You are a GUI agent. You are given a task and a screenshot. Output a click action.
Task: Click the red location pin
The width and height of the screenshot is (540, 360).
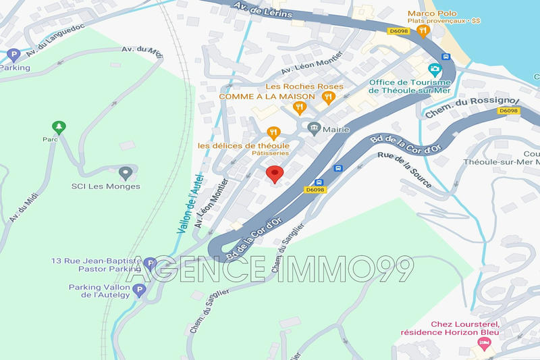pyautogui.click(x=274, y=174)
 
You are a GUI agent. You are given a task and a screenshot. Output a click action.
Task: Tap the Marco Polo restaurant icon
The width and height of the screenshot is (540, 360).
pyautogui.click(x=423, y=30)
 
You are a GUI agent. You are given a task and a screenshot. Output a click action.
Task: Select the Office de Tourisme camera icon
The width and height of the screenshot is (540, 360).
pyautogui.click(x=435, y=70)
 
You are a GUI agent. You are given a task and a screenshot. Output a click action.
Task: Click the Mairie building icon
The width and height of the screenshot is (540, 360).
pyautogui.click(x=313, y=128)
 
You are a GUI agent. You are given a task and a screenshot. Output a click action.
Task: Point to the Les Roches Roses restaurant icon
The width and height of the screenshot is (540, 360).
pyautogui.click(x=328, y=98)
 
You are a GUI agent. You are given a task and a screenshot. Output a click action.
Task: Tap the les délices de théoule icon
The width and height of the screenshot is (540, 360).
pyautogui.click(x=273, y=133)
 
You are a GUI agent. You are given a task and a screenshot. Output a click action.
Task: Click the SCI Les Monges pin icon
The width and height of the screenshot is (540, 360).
pyautogui.click(x=124, y=173)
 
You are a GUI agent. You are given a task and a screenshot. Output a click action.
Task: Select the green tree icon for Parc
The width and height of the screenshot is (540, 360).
pyautogui.click(x=59, y=126)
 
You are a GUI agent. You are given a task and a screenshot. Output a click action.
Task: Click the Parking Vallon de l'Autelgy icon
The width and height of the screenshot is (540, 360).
pyautogui.click(x=140, y=290)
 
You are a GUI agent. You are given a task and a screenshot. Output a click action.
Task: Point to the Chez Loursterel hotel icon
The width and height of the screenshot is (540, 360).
pyautogui.click(x=483, y=344)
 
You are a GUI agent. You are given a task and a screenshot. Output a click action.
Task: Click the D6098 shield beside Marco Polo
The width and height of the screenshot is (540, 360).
pyautogui.click(x=397, y=30)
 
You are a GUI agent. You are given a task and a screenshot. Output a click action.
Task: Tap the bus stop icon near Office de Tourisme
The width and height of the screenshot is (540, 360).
pyautogui.click(x=446, y=57)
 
